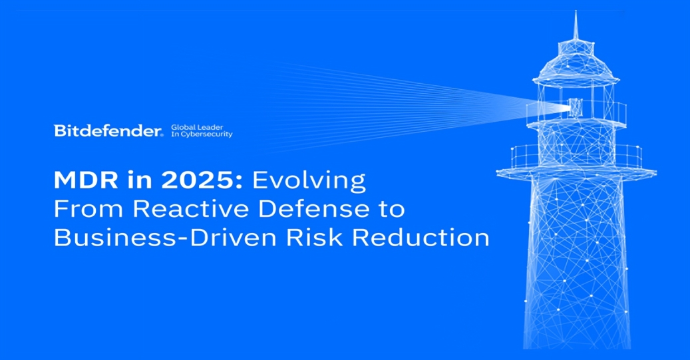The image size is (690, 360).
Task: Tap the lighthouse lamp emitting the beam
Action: tap(575, 106)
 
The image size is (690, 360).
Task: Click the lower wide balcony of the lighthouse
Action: tap(576, 160)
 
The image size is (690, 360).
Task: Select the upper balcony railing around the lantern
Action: tap(576, 114)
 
